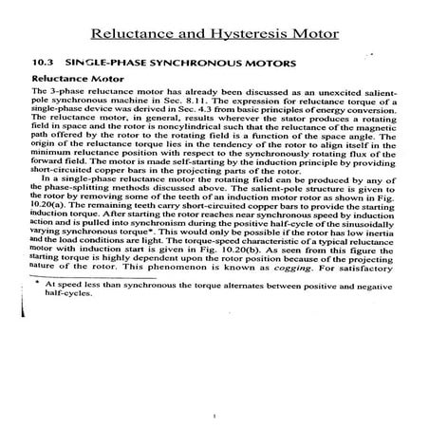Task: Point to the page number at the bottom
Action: point(217,413)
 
